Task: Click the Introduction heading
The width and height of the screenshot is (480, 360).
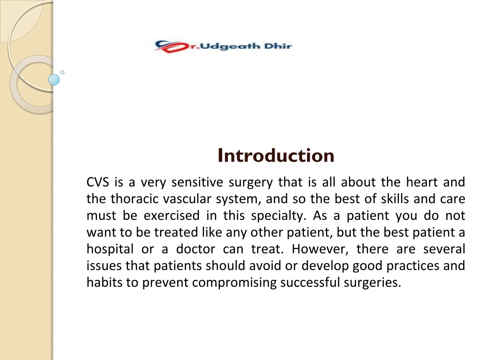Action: pos(276,156)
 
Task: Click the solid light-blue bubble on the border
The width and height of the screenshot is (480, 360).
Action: pos(54,80)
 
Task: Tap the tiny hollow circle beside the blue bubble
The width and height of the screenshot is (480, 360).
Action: pos(62,72)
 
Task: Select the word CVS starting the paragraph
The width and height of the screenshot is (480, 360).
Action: pos(97,182)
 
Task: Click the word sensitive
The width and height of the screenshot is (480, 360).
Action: pos(197,182)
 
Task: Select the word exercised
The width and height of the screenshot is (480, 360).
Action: pos(172,216)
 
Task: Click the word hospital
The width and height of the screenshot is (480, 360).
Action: pos(110,249)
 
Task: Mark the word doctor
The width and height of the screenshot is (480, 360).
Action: pos(195,249)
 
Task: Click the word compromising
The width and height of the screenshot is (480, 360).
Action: pos(234,283)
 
